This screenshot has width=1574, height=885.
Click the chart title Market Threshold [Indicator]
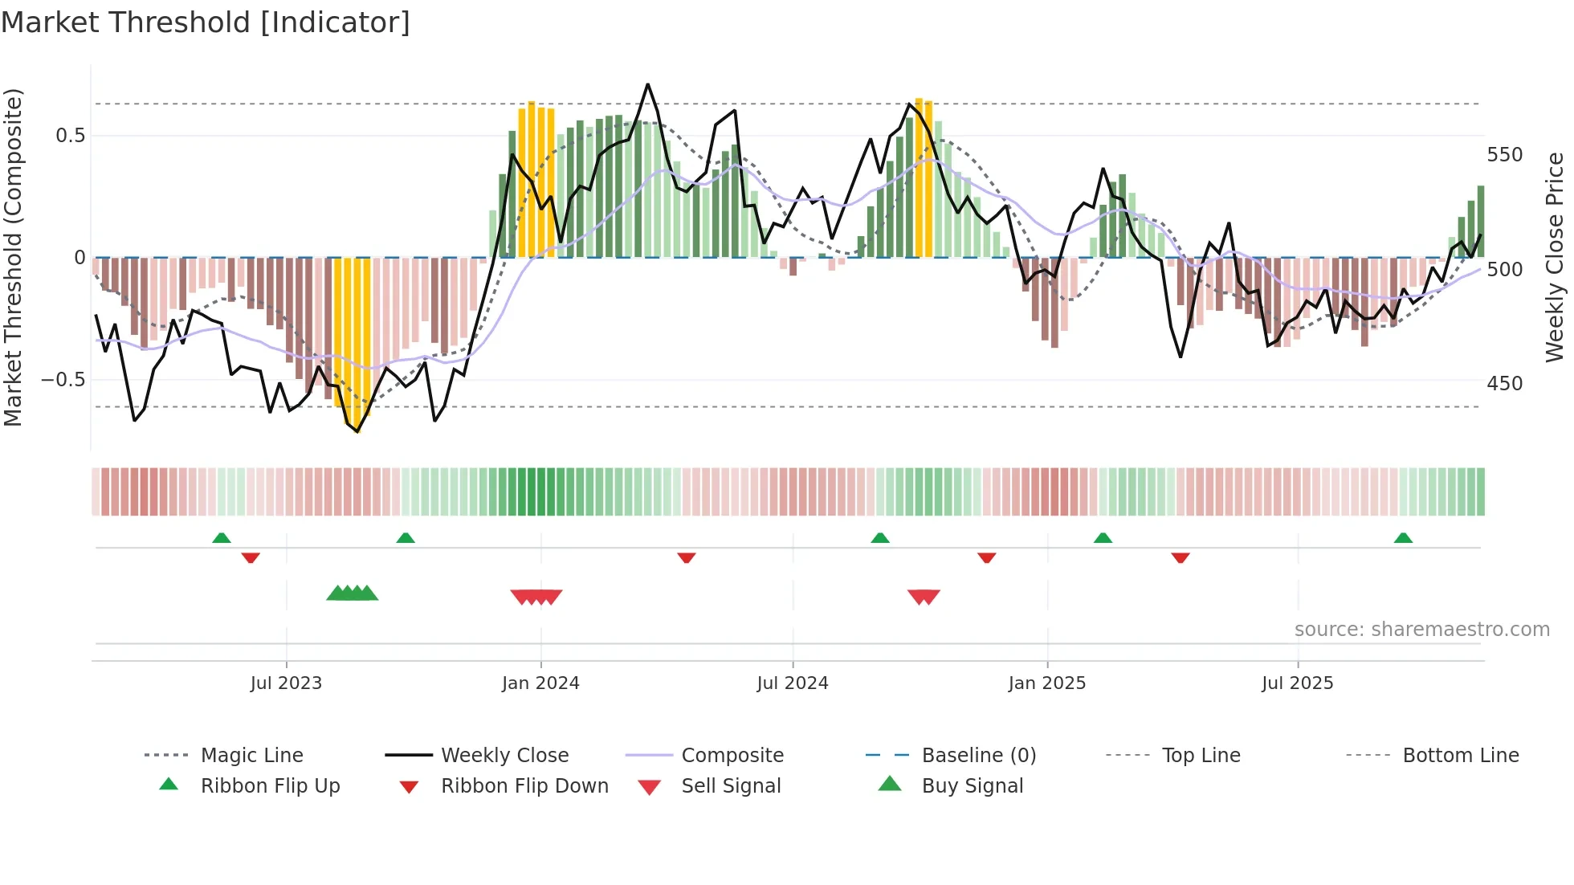point(206,22)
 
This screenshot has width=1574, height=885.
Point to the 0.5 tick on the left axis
point(71,136)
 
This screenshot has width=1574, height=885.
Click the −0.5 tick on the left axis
point(63,380)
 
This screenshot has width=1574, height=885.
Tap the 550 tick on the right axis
point(1504,155)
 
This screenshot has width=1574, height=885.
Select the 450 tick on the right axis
point(1504,384)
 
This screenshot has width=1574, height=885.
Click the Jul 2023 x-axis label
point(286,683)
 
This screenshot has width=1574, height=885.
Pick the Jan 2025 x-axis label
point(1046,683)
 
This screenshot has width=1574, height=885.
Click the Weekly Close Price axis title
point(1555,257)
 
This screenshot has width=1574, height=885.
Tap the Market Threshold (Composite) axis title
point(13,257)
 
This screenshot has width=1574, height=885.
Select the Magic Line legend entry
point(251,756)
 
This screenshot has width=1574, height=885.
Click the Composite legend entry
point(732,756)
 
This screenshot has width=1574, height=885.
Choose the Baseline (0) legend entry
point(978,756)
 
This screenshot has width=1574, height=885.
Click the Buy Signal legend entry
point(972,786)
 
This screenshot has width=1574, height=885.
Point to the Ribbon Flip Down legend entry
point(524,786)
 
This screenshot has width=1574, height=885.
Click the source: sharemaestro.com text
point(1421,630)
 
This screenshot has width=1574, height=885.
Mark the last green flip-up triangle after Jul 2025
point(1403,538)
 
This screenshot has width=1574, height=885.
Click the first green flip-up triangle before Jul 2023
point(222,538)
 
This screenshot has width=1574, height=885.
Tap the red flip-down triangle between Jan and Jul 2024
point(686,557)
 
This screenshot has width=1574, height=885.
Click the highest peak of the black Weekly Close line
point(647,84)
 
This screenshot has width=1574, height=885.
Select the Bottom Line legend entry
point(1460,756)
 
